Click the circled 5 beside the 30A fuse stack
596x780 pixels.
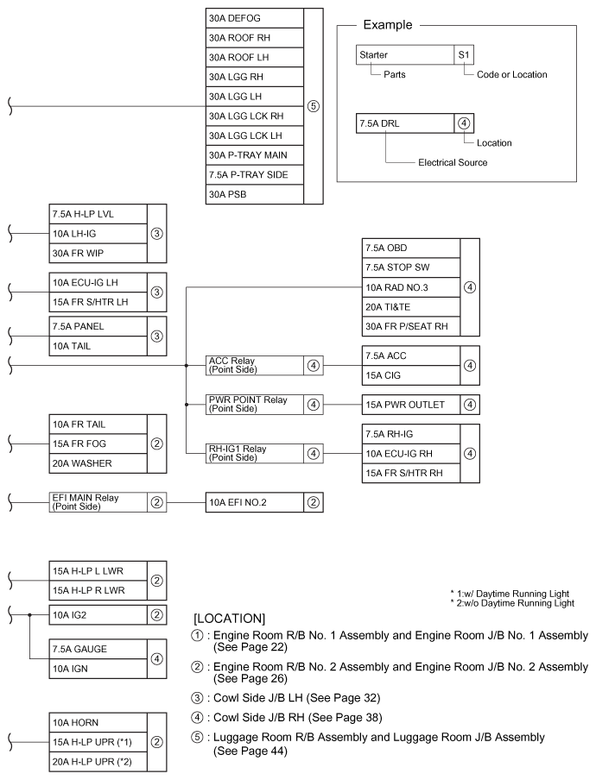coord(314,107)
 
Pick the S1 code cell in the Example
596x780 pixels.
coord(464,54)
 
